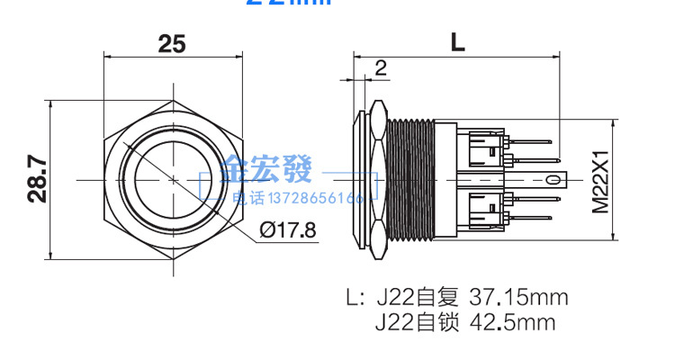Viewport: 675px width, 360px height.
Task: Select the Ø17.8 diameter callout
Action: click(287, 229)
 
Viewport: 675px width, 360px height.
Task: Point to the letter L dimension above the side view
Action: click(458, 42)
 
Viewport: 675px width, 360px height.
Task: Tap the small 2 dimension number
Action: click(380, 67)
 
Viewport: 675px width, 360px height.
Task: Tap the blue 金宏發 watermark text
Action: click(268, 168)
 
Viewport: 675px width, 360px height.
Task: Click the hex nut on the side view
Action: click(377, 180)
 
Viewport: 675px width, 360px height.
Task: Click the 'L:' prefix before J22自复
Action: click(357, 297)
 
